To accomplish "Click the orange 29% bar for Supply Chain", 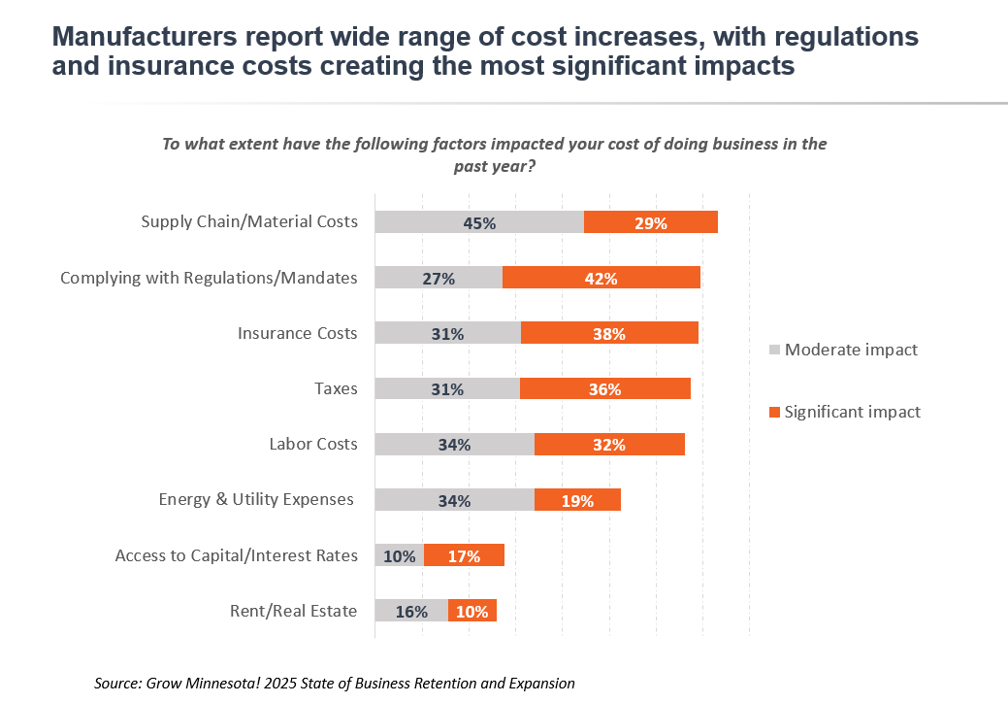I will pos(650,221).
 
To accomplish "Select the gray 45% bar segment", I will pos(479,221).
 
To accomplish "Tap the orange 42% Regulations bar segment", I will pos(601,278).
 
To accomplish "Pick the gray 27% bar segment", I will pos(439,278).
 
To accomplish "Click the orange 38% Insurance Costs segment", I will pos(609,333).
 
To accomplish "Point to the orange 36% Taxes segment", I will pos(605,388).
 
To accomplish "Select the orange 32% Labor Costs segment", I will pos(609,444).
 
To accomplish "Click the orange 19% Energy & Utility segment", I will pos(577,500).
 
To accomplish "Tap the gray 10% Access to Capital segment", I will pos(399,555).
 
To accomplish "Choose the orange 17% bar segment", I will pos(464,555).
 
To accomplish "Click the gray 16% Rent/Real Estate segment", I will pos(411,611).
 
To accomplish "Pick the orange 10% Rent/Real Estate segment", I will pos(472,611).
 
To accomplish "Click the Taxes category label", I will pos(336,388).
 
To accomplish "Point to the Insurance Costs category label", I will pos(297,333).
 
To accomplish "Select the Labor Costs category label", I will pos(313,444).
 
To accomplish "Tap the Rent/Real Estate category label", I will pos(293,611).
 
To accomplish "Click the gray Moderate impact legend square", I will pos(773,350).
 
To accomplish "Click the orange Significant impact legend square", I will pos(773,412).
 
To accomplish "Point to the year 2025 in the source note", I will pos(251,684).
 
